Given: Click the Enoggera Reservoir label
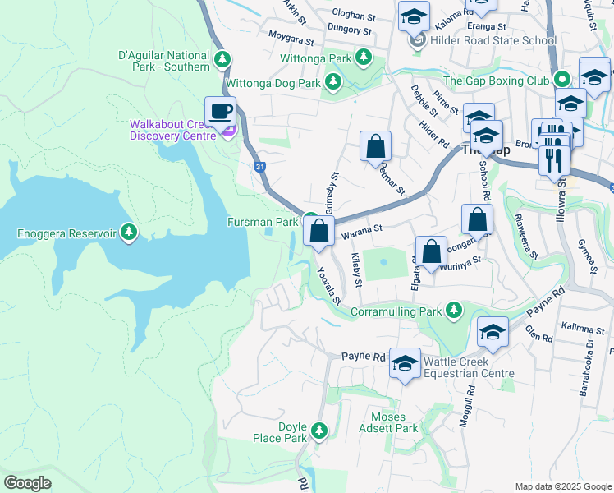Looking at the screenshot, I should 66,233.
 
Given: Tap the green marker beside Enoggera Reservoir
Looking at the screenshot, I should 128,233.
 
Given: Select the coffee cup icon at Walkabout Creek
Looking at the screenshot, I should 220,111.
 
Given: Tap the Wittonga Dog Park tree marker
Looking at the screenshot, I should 332,81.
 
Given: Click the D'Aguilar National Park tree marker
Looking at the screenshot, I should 222,60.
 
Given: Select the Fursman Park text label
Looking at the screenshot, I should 263,223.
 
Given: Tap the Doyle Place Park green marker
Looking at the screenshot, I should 318,430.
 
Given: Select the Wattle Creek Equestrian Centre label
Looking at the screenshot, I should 469,367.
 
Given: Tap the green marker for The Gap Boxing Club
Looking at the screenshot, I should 562,81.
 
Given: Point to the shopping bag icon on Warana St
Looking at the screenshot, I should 319,231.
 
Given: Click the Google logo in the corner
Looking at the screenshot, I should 28,483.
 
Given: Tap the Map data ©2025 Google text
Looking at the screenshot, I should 562,486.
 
